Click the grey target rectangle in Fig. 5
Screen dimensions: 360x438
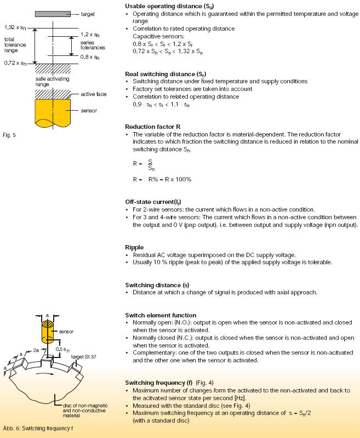pos(53,14)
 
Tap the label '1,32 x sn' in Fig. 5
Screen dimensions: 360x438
pos(15,27)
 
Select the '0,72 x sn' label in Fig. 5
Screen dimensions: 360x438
pos(15,63)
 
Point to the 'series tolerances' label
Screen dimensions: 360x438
pos(93,45)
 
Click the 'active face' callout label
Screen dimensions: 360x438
pos(94,94)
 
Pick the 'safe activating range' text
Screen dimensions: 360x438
pos(52,82)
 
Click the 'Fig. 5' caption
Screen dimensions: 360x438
pos(9,135)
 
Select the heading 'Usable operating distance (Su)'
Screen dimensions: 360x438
pos(169,6)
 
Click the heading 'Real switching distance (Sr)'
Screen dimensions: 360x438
pos(165,75)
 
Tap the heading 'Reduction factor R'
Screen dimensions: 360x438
pos(153,127)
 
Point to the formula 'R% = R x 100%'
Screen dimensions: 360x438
pos(170,179)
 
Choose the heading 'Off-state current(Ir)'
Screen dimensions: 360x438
pos(153,202)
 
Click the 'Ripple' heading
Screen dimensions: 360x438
pos(134,247)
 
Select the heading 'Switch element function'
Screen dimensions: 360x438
pos(161,315)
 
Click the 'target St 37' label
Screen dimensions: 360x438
pos(83,357)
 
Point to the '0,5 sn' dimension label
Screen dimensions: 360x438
pos(62,349)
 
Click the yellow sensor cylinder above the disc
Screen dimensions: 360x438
pos(48,332)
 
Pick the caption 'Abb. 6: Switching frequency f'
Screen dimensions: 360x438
pos(38,429)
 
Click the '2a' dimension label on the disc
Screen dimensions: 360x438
pos(36,350)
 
